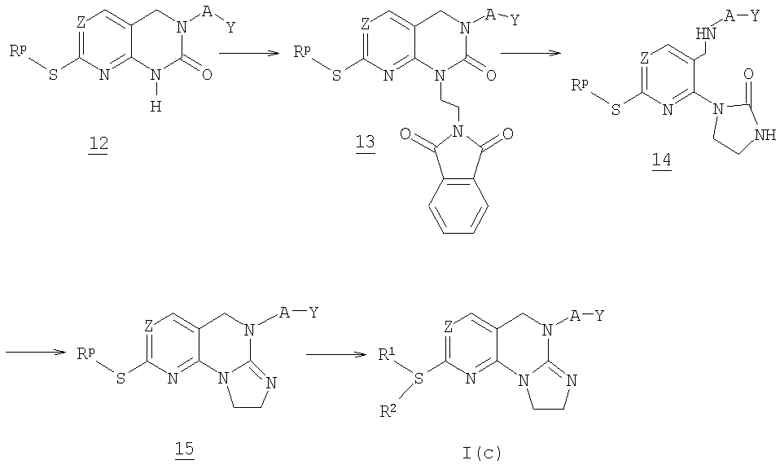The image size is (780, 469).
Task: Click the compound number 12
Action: [x=99, y=144]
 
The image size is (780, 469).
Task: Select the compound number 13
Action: [x=366, y=143]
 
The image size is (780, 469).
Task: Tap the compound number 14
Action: [x=662, y=160]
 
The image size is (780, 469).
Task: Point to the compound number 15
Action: [x=184, y=449]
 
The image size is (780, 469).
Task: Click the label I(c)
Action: [x=480, y=453]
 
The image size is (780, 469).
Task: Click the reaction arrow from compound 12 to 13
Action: [x=248, y=53]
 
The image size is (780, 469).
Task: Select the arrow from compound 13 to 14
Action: [x=532, y=53]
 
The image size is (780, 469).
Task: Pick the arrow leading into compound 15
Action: [x=37, y=352]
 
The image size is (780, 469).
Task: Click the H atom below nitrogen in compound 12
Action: [x=156, y=107]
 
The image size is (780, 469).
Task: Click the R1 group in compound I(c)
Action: [x=387, y=355]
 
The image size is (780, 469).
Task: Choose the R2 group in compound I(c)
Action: [x=388, y=411]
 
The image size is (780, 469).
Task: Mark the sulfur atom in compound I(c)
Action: [x=418, y=380]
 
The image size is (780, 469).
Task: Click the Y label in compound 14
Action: [x=755, y=16]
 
